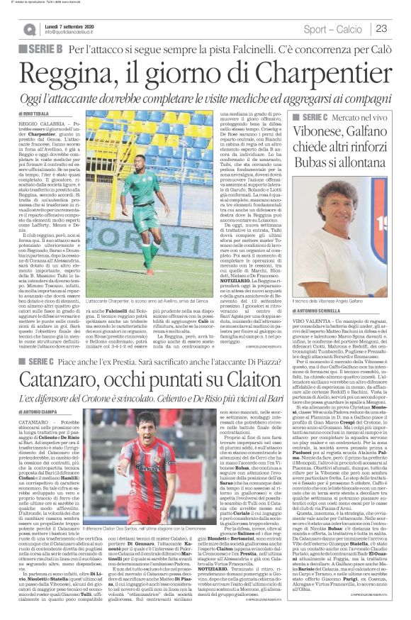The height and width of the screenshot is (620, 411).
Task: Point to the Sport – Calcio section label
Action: [335, 28]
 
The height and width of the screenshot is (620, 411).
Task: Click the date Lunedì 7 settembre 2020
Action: [77, 23]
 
